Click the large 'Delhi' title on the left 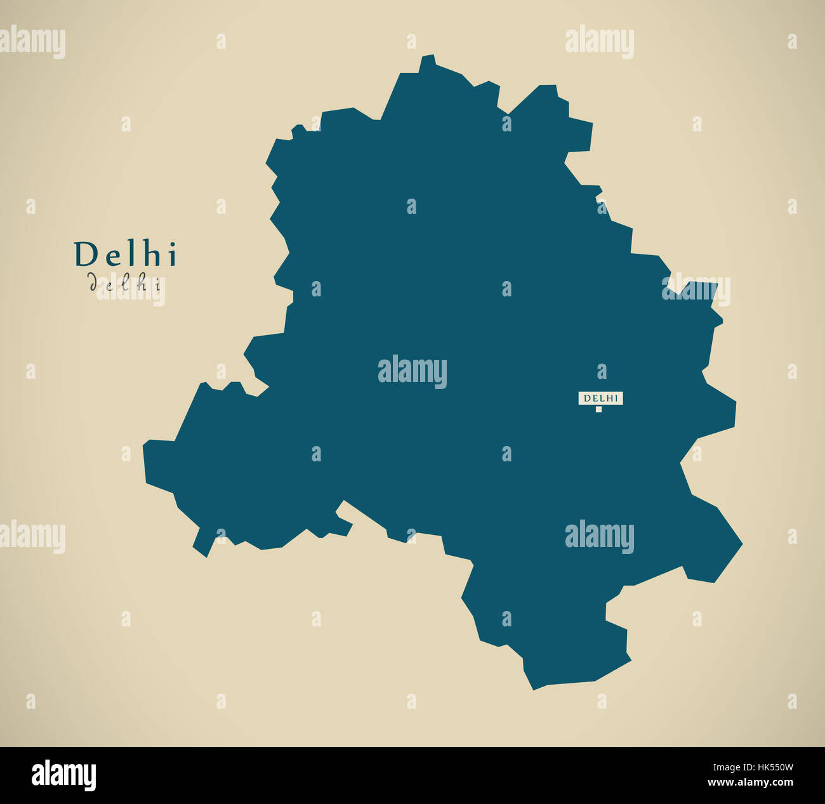(126, 254)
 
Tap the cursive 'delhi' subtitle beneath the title (126, 283)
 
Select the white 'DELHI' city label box (600, 398)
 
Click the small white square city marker (598, 409)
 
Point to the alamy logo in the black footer (63, 775)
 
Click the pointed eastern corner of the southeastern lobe (741, 544)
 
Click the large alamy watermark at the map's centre (412, 372)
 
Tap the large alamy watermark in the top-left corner (32, 43)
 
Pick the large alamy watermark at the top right (599, 42)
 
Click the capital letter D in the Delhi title (84, 254)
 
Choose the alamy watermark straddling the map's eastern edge (696, 290)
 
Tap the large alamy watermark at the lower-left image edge (32, 537)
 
